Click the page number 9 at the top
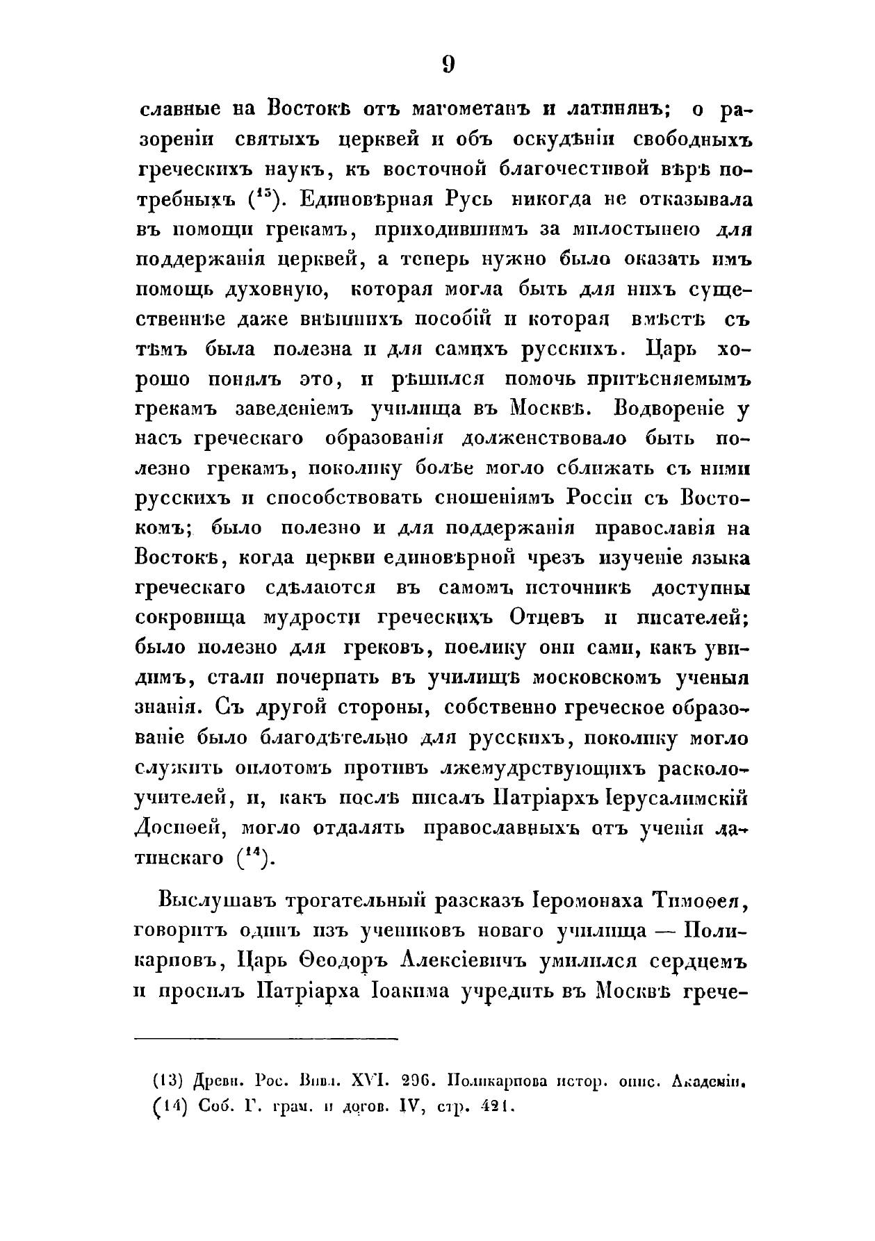point(448,65)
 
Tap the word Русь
point(468,199)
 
